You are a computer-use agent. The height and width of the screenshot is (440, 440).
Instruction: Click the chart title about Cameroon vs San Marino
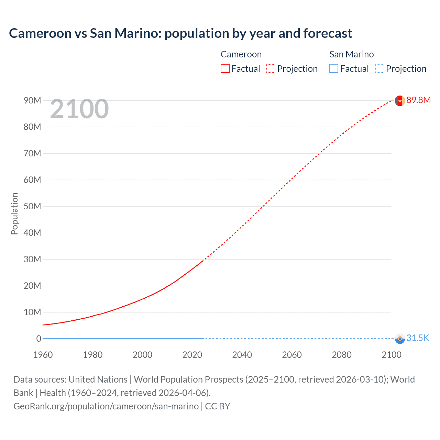(x=180, y=33)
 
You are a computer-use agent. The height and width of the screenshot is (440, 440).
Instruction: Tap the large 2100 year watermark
(x=79, y=109)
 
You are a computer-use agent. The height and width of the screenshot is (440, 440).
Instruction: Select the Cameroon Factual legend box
(x=225, y=68)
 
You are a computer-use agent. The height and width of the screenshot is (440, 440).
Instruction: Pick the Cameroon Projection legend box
(x=271, y=68)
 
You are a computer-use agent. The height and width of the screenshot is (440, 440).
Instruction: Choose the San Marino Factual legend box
(x=333, y=68)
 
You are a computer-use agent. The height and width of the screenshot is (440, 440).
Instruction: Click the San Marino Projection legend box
(x=379, y=68)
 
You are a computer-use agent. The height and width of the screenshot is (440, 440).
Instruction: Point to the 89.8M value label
(x=418, y=100)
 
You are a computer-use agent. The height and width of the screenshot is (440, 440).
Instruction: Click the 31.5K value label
(x=418, y=338)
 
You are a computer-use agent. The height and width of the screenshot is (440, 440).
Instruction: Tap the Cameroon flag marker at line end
(x=399, y=101)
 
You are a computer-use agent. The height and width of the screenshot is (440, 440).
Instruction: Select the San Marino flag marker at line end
(x=399, y=339)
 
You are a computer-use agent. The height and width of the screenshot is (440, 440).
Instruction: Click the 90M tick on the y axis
(x=32, y=100)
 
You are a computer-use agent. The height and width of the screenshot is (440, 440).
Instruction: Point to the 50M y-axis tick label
(x=32, y=206)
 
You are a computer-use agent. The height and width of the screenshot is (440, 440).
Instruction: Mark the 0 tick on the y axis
(x=38, y=339)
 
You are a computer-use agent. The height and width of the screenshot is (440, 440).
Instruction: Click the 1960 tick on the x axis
(x=43, y=355)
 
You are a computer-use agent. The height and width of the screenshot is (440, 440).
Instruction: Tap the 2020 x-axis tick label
(x=192, y=355)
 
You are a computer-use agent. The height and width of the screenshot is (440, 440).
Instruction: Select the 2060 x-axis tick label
(x=292, y=355)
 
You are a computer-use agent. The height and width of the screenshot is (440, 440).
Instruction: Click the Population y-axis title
(x=14, y=213)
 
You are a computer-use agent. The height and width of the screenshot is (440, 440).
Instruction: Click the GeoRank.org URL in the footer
(x=106, y=406)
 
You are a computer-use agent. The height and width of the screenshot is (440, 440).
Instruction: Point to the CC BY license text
(x=218, y=406)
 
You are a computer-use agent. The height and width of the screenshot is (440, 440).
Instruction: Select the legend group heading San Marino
(x=351, y=54)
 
